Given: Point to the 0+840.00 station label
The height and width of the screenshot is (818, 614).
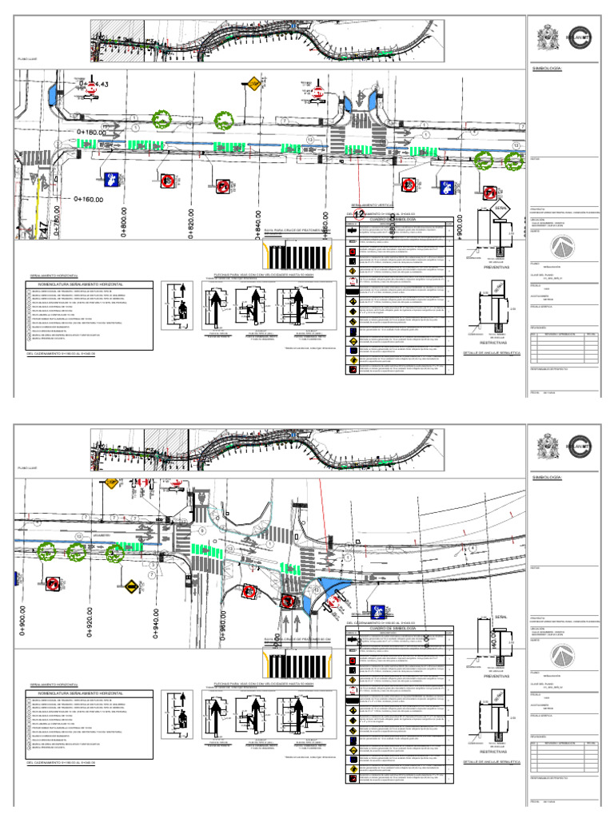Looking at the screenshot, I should (x=259, y=224).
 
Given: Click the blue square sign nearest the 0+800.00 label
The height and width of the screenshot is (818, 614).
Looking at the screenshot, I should (x=111, y=178).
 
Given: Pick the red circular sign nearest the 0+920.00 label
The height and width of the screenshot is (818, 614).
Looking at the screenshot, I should (x=54, y=582).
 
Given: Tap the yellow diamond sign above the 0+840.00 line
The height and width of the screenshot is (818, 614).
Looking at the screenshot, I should (x=253, y=83).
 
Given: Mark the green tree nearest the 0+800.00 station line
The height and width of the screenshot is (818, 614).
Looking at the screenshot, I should (x=162, y=120).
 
